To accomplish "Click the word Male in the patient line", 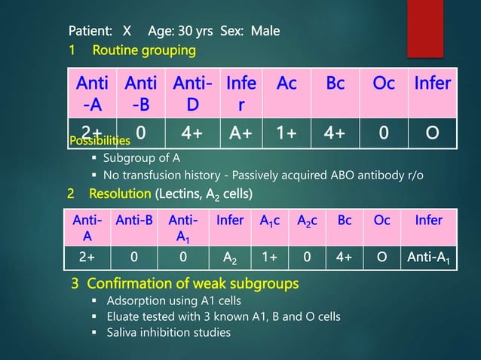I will (265, 32).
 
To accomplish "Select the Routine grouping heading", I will (144, 50).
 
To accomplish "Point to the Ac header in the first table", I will (286, 84).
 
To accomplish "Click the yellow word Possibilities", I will (100, 141).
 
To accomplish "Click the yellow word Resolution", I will (121, 194).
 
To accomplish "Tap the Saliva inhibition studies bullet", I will (167, 333).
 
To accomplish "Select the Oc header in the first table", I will (384, 84).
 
